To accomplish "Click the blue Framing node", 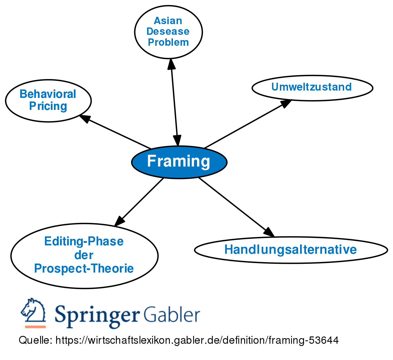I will coord(179,162).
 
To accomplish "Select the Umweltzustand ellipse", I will coord(312,87).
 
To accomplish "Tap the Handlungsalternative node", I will coord(291,250).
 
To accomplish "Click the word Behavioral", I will coord(48,94).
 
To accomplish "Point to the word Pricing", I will coord(48,106).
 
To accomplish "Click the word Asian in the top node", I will coord(168,21).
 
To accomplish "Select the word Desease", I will coord(168,31).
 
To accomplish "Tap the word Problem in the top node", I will coord(168,42).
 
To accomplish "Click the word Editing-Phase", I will coord(84,241).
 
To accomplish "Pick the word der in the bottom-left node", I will coord(84,255).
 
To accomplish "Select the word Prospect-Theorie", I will coord(84,269).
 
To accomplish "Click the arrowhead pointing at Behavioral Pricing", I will coord(84,118).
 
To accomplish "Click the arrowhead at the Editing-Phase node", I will coord(119,221).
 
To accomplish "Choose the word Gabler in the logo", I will coord(172,314).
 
